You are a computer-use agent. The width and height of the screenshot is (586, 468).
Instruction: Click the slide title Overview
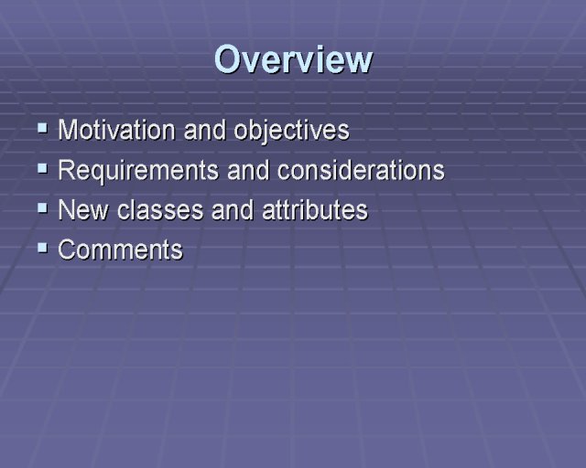click(293, 59)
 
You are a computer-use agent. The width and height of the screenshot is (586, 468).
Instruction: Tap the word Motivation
click(116, 130)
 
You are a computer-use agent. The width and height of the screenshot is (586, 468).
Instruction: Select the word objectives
click(291, 131)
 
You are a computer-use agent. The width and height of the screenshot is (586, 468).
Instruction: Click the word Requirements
click(138, 171)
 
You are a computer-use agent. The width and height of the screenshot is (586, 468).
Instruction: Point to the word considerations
click(361, 170)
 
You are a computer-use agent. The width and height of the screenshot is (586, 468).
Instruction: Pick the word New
click(83, 210)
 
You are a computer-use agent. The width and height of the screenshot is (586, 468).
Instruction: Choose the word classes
click(160, 210)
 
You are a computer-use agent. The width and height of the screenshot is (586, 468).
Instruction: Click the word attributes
click(315, 210)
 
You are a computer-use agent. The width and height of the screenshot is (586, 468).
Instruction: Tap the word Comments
click(120, 250)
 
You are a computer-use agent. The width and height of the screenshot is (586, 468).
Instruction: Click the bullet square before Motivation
click(43, 128)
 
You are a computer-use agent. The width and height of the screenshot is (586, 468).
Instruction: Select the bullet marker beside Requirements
click(43, 169)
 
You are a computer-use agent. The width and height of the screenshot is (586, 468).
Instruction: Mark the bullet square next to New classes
click(43, 208)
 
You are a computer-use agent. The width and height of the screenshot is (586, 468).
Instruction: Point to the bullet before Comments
click(43, 248)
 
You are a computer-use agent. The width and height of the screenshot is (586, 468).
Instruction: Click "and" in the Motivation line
click(205, 130)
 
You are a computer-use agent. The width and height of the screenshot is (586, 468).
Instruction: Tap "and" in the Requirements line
click(248, 170)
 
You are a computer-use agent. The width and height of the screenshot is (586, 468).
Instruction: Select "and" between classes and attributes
click(233, 210)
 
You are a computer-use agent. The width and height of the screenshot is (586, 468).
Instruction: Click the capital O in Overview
click(228, 59)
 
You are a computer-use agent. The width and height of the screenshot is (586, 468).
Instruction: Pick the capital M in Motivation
click(68, 130)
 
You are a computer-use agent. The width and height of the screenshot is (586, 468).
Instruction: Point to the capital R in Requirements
click(67, 170)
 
